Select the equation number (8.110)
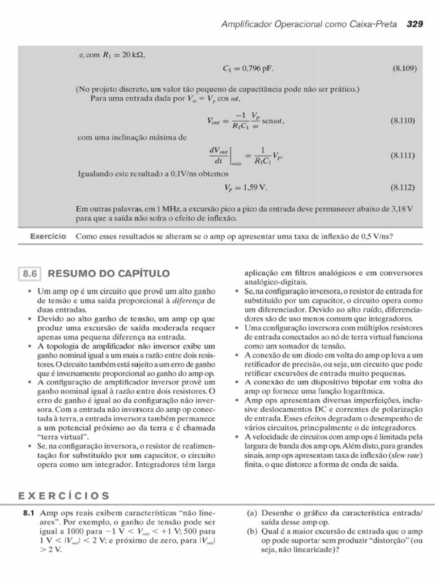point(404,121)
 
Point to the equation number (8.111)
point(404,155)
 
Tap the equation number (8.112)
point(404,187)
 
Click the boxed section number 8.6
point(29,274)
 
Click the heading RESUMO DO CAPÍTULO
point(109,274)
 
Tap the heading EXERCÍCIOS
point(64,496)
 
